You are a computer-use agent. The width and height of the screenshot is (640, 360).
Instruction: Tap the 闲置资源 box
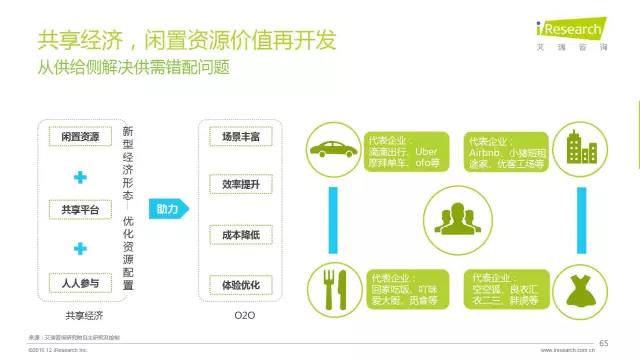tap(80, 135)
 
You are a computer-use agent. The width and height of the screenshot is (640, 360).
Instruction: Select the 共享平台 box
tap(80, 209)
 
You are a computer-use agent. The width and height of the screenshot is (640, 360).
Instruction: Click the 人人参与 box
tap(80, 284)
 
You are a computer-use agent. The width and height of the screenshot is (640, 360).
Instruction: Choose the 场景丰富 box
tap(241, 135)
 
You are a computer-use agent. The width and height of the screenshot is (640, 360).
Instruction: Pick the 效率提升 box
tap(241, 185)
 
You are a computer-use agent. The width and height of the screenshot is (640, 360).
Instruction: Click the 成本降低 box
tap(241, 235)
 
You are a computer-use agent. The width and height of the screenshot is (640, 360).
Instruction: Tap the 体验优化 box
tap(241, 285)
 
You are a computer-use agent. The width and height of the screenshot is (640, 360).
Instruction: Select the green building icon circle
tap(579, 150)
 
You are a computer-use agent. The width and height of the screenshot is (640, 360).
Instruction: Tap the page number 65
tap(603, 343)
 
